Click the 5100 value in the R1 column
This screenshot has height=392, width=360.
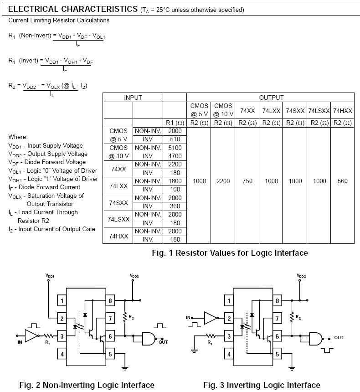[x=175, y=148]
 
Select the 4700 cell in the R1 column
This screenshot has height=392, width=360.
[x=175, y=156]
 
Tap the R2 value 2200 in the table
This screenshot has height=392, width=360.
[x=223, y=181]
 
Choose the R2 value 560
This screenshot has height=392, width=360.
[x=343, y=181]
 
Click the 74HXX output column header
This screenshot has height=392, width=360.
[x=343, y=111]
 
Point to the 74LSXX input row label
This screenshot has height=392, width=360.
[x=118, y=219]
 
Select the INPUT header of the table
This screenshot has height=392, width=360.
[x=133, y=98]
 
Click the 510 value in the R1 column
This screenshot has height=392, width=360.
[x=175, y=139]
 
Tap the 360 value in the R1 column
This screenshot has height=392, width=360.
[x=175, y=206]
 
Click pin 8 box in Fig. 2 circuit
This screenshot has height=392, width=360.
[x=110, y=300]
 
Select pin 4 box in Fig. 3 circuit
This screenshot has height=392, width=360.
[x=229, y=354]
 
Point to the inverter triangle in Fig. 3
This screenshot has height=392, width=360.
[x=211, y=318]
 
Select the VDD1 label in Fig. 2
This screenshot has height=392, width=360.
[x=50, y=276]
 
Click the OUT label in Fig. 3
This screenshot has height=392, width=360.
[x=339, y=338]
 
